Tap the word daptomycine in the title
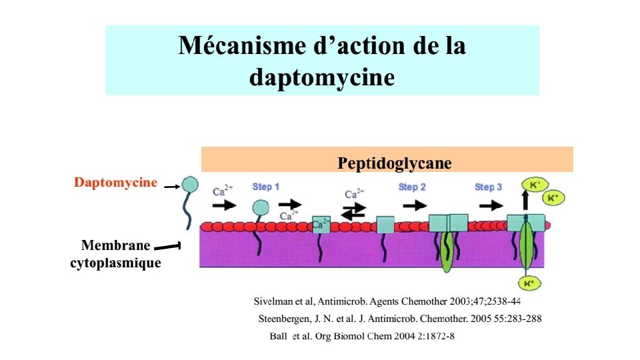point(321,77)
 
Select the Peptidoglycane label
point(395,163)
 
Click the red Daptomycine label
point(116,182)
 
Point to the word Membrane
point(115,245)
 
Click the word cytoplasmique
point(116,263)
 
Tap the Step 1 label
point(266,187)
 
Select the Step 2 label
point(412,187)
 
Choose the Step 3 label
point(489,187)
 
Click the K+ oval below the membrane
point(529,283)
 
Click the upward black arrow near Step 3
point(525,199)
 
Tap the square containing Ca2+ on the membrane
point(321,225)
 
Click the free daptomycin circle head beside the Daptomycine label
point(190,184)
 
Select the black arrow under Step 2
point(415,205)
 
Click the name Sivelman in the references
point(274,301)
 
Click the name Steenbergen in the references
point(287,319)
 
